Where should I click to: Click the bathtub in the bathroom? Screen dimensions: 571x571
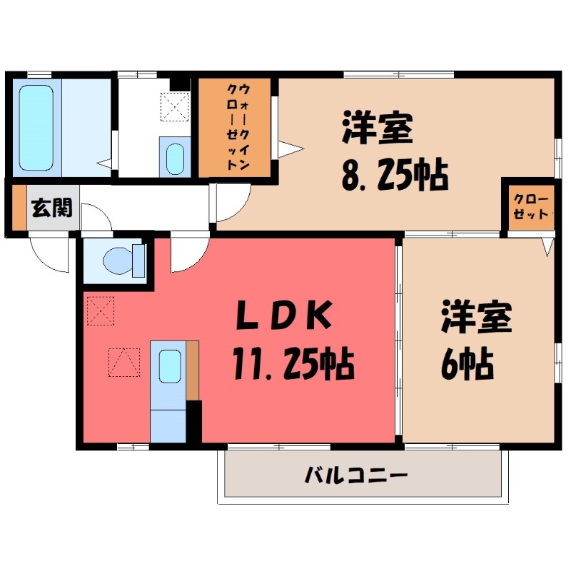[x=35, y=128]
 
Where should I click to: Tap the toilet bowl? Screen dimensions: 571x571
[x=117, y=260]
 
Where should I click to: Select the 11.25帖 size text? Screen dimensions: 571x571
[x=293, y=365]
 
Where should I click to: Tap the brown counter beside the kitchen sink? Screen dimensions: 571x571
[x=192, y=370]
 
